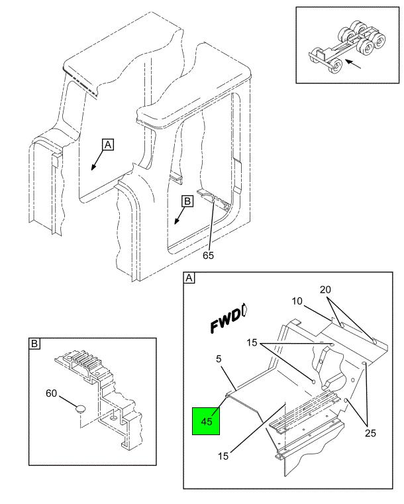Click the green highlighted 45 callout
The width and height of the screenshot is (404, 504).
click(x=206, y=421)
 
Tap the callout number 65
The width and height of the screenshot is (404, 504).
click(x=208, y=255)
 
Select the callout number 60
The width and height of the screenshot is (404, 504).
click(x=51, y=393)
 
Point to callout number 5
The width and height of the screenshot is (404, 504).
click(x=219, y=359)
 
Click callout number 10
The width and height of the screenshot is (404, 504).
click(x=297, y=301)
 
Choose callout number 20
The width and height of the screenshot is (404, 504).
click(x=325, y=290)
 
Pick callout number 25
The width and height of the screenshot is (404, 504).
click(x=370, y=433)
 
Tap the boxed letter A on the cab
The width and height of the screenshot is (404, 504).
click(x=108, y=145)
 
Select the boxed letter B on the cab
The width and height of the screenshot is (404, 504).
click(x=187, y=201)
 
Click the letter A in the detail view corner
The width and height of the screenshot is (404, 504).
click(x=189, y=278)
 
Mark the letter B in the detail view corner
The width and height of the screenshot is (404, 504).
click(x=34, y=344)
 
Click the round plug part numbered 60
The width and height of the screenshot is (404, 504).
click(x=80, y=409)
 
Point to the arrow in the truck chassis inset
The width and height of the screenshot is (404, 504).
click(x=353, y=64)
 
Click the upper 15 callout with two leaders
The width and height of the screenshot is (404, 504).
click(x=252, y=342)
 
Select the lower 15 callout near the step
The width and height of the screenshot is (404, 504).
click(x=223, y=456)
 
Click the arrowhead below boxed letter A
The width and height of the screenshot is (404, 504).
click(x=93, y=167)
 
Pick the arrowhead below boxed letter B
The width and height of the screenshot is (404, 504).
click(x=176, y=221)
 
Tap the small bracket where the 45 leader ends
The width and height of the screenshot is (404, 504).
click(x=228, y=395)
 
